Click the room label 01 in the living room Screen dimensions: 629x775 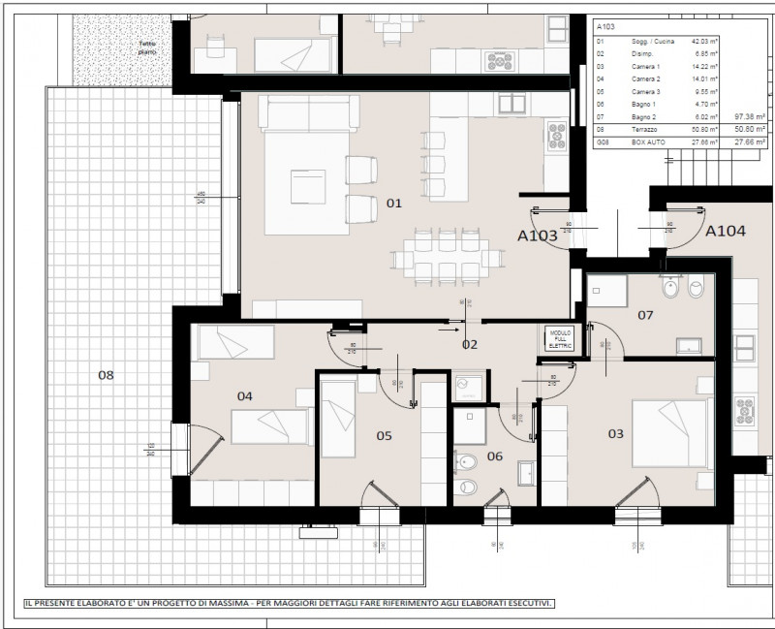393,204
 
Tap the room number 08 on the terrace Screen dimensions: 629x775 106,373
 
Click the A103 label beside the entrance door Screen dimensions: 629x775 537,236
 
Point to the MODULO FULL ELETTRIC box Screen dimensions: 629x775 561,338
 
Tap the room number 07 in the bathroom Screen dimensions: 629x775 645,315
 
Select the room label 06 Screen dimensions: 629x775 495,456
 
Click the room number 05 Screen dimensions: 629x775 384,435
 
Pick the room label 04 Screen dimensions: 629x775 245,395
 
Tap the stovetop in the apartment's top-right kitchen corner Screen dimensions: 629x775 557,134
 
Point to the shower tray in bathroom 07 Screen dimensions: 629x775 609,289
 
